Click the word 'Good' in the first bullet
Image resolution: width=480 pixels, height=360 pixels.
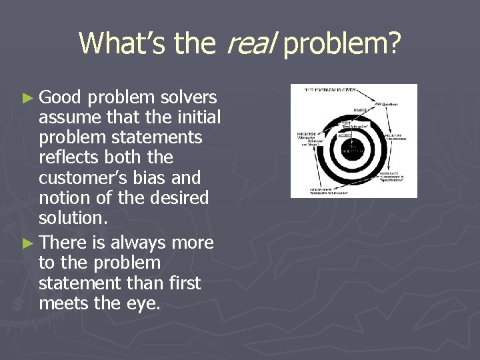point(61,98)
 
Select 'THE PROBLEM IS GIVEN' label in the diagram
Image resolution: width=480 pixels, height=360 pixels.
point(328,89)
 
